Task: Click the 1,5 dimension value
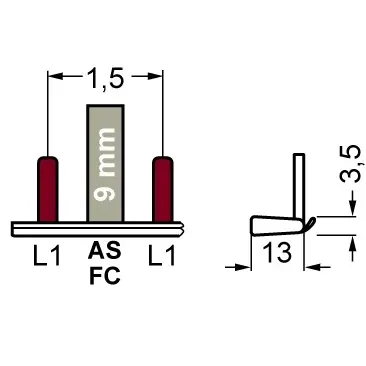point(105,78)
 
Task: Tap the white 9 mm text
point(105,164)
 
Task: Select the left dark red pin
point(48,189)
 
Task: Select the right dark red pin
point(163,189)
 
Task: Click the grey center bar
point(105,163)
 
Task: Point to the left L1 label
point(47,255)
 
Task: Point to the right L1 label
point(162,255)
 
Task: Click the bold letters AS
point(104,251)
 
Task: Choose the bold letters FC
point(105,276)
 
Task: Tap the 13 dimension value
point(277,252)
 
